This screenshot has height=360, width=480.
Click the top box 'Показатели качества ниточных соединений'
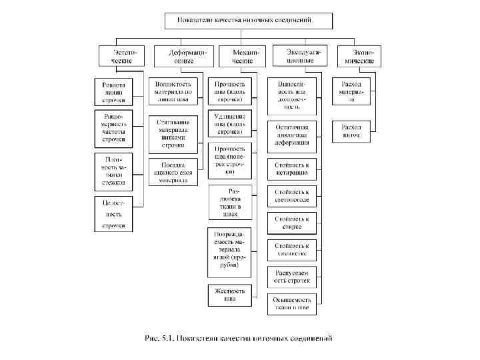(254, 20)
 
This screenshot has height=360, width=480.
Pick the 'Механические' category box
(242, 56)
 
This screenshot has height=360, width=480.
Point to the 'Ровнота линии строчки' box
(113, 93)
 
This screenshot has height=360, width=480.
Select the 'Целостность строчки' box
(113, 213)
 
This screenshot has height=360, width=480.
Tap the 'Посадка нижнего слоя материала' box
(173, 171)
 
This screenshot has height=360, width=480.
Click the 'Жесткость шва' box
(229, 295)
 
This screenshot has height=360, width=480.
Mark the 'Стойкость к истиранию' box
(292, 168)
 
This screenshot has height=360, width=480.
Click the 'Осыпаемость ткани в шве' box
(292, 304)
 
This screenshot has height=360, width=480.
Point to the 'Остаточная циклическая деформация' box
(292, 133)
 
